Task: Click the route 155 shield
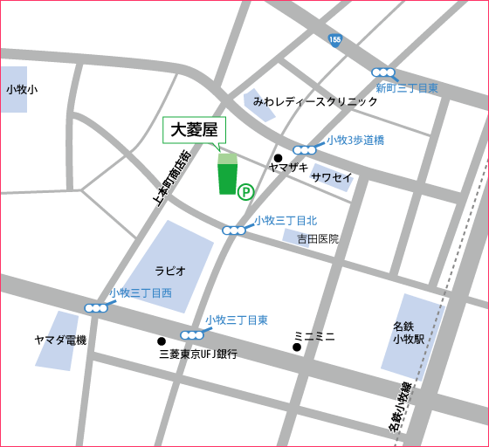(336, 40)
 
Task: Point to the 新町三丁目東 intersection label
(407, 88)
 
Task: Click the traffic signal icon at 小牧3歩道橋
(305, 149)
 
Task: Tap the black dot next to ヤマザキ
(278, 158)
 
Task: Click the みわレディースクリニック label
(315, 101)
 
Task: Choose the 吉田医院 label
(317, 238)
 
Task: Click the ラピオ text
(169, 271)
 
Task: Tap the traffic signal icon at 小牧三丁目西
(96, 307)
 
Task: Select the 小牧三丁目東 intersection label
(236, 320)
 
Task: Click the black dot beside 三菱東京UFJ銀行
(161, 341)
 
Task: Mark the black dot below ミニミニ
(297, 348)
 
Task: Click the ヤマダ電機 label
(60, 340)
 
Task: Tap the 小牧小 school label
(21, 88)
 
